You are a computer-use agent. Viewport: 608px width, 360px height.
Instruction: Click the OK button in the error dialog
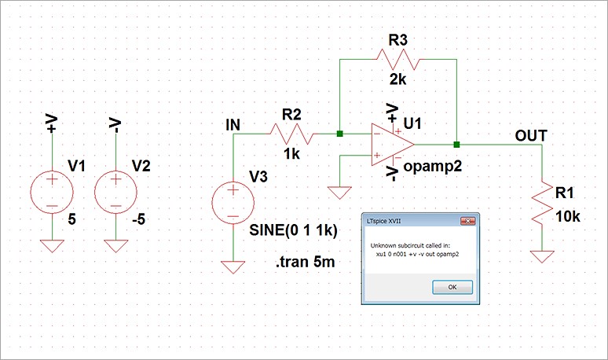coord(452,288)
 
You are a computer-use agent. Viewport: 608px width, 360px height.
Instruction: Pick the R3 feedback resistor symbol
coord(398,57)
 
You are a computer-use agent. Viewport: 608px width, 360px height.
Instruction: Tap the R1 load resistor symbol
coord(543,203)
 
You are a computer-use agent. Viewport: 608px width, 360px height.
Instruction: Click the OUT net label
coord(532,136)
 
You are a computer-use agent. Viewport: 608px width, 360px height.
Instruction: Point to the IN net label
coord(233,124)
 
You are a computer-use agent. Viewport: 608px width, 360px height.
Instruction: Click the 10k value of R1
coord(566,216)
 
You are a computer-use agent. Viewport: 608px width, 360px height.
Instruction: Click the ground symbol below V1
coord(52,246)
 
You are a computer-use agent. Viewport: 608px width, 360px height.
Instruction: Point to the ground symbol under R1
coord(543,256)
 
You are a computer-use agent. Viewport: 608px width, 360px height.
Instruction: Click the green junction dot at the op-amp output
coord(456,145)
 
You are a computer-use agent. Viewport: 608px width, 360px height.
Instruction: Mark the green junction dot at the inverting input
coord(339,134)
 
